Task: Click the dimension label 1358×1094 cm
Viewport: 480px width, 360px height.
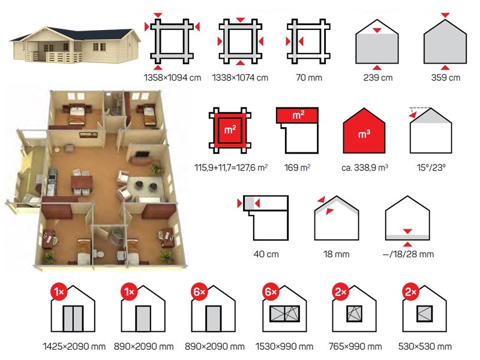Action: click(x=172, y=78)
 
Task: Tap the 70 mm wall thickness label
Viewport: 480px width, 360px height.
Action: click(x=309, y=78)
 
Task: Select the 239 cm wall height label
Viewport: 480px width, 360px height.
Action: click(x=378, y=78)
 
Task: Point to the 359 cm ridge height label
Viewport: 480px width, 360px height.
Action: click(x=446, y=78)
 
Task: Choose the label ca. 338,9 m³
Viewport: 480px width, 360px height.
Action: click(x=365, y=168)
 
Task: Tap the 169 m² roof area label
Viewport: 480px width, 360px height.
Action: click(x=297, y=168)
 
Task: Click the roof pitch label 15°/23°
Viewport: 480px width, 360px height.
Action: click(x=431, y=168)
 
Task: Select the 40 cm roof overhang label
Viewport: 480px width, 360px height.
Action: click(x=266, y=254)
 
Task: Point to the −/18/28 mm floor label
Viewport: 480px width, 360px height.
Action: click(x=408, y=254)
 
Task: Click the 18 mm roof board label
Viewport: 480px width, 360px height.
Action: click(x=337, y=254)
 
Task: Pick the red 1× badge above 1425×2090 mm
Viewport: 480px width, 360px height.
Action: click(x=59, y=292)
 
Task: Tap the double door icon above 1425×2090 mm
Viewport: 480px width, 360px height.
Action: click(x=73, y=319)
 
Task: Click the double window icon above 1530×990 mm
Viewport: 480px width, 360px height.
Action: click(x=284, y=314)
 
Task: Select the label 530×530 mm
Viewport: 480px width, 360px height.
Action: click(x=425, y=347)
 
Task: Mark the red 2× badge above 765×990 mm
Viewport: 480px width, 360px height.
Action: click(x=340, y=292)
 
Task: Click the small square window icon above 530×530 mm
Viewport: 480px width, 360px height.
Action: click(x=425, y=314)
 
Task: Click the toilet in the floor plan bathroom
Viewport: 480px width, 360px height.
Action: click(x=99, y=254)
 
